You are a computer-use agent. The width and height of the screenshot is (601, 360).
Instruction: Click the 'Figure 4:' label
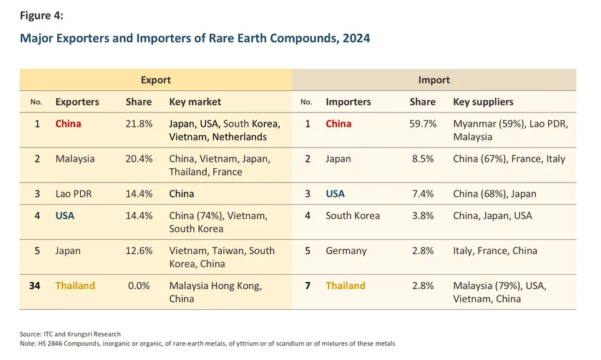(x=42, y=15)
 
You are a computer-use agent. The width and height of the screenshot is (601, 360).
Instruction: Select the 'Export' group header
(x=155, y=80)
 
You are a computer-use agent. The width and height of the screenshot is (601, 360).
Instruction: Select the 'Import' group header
(x=434, y=80)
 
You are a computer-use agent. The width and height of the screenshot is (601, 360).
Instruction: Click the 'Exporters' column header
(x=77, y=102)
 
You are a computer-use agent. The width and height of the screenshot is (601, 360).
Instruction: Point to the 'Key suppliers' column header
(x=484, y=102)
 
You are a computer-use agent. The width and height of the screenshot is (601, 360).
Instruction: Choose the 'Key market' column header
(x=195, y=102)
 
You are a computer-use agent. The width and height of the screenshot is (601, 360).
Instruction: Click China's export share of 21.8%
(x=139, y=123)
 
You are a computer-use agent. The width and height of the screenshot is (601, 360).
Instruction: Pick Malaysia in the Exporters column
(x=75, y=158)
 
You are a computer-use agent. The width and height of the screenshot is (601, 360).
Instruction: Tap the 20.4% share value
(x=139, y=158)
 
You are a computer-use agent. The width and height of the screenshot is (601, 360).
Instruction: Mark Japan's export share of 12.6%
(x=139, y=250)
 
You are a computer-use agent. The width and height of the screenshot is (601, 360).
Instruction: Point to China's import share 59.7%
(x=423, y=123)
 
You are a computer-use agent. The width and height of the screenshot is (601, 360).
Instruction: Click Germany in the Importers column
(x=346, y=250)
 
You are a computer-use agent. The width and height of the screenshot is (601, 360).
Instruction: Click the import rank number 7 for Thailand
(x=307, y=286)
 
